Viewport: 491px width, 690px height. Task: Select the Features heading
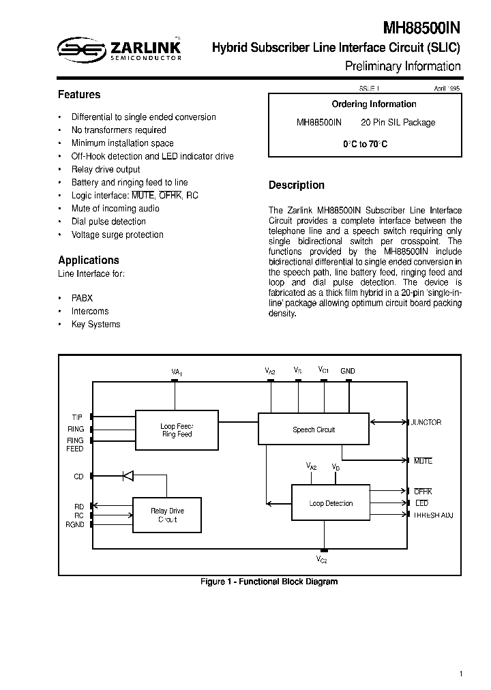click(79, 95)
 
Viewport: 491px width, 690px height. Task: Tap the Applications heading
click(89, 260)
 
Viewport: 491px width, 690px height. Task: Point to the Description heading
click(297, 185)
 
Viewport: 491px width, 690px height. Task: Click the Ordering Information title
click(374, 104)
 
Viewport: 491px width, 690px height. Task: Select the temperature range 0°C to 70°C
click(365, 145)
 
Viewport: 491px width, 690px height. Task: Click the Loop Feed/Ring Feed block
click(177, 430)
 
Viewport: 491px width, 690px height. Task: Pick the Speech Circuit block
click(314, 430)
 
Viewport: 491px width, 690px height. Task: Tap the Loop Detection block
click(331, 504)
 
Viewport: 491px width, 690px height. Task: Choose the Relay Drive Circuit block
click(167, 515)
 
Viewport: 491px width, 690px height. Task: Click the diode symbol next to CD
click(128, 476)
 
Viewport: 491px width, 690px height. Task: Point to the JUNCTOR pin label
click(426, 422)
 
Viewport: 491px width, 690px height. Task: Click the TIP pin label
click(77, 416)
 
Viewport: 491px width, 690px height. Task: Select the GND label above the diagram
click(348, 371)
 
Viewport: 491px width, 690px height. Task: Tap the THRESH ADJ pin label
click(433, 515)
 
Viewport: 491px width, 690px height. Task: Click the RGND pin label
click(75, 524)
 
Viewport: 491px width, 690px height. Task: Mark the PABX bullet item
click(82, 298)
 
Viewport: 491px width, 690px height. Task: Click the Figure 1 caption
click(269, 582)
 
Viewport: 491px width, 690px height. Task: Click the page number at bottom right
click(461, 674)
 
